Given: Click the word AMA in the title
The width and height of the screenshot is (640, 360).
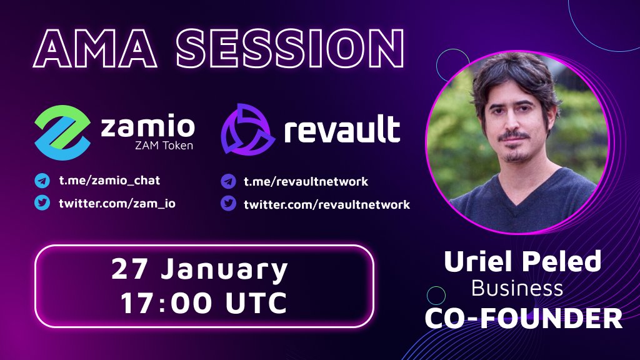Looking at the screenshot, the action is [96, 49].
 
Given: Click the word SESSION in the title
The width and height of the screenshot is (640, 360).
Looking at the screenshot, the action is [290, 49].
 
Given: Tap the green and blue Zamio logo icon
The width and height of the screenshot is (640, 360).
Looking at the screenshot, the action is [62, 132].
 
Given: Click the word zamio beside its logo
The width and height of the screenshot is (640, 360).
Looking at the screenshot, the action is [147, 127].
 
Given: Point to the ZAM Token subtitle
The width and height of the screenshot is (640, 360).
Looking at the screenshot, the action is [164, 146].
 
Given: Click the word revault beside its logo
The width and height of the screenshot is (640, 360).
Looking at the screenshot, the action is [342, 129].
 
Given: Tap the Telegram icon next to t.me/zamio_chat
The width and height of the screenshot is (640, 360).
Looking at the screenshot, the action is [42, 181].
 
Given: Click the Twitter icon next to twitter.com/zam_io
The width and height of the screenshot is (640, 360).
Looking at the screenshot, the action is [42, 203].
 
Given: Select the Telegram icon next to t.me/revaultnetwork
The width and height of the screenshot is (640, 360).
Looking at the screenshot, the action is [228, 181].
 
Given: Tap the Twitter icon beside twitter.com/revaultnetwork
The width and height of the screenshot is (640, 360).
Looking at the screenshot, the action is [228, 203].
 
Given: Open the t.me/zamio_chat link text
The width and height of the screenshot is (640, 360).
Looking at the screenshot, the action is [109, 181].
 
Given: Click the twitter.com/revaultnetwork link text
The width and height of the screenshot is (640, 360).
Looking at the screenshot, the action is [326, 204].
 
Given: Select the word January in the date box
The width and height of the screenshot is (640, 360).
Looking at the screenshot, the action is [224, 271].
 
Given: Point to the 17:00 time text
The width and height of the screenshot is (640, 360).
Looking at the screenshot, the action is [166, 302].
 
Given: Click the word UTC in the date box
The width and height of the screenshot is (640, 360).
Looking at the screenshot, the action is [256, 302].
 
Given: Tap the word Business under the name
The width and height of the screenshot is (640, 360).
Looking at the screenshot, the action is [517, 289].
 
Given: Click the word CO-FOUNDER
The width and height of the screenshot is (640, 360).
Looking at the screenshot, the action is [523, 318].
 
